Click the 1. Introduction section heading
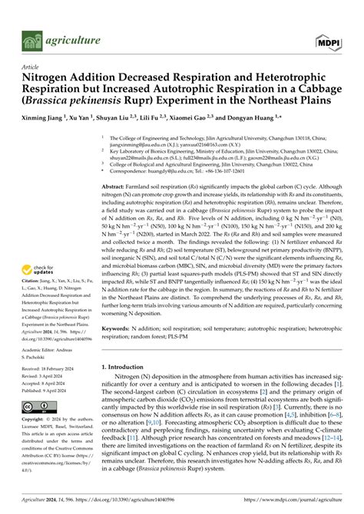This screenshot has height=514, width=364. pyautogui.click(x=127, y=367)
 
